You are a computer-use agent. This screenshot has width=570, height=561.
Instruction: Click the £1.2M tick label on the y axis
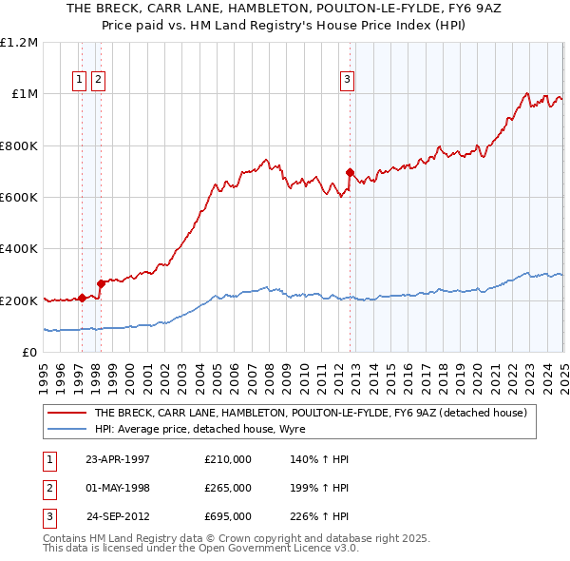point(19,43)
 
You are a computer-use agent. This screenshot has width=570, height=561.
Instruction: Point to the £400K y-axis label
point(19,249)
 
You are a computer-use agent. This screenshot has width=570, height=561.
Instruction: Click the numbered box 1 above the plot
point(80,81)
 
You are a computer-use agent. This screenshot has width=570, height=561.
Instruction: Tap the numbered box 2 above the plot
point(98,81)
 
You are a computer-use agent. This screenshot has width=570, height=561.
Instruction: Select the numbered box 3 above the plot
point(348,81)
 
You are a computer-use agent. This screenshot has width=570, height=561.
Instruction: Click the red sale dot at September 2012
point(351,173)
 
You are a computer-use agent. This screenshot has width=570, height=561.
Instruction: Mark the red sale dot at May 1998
point(101,283)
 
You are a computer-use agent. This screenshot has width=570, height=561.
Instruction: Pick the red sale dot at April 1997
point(83,298)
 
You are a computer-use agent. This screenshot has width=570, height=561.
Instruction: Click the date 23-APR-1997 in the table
point(118,459)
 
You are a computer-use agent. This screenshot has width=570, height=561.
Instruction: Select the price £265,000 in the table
point(227,488)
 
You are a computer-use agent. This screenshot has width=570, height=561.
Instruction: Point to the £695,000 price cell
point(227,517)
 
